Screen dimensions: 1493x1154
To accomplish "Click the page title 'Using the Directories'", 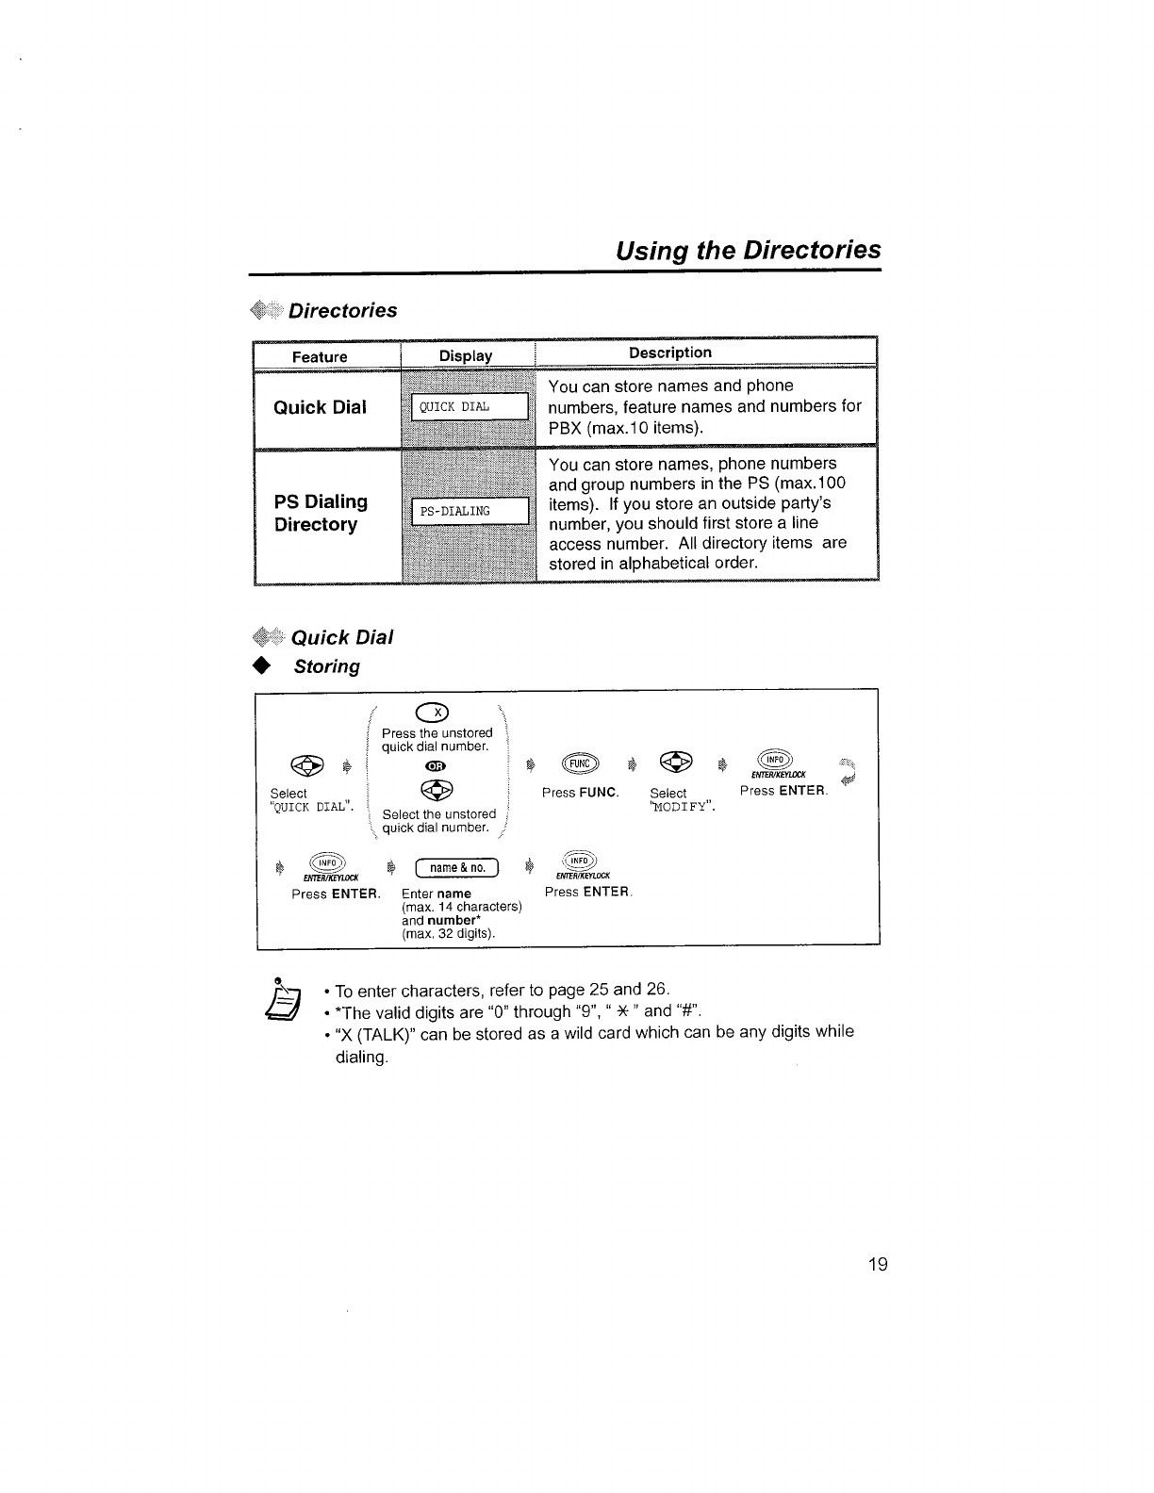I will pyautogui.click(x=748, y=250).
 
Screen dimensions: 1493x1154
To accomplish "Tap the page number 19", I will pyautogui.click(x=877, y=1265).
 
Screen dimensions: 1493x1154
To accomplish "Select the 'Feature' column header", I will pyautogui.click(x=319, y=356).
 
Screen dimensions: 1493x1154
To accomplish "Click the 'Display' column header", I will pyautogui.click(x=466, y=355).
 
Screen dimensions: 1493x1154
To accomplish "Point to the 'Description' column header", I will pyautogui.click(x=669, y=353).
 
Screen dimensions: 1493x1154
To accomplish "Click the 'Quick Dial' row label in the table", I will pyautogui.click(x=320, y=407).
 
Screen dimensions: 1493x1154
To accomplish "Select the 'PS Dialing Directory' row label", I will pyautogui.click(x=321, y=513).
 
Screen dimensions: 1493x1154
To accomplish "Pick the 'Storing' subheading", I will pyautogui.click(x=326, y=666).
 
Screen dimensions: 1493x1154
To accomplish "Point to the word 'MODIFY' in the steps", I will pyautogui.click(x=683, y=807).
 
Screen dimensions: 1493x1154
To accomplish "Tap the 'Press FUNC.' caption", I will pyautogui.click(x=580, y=793).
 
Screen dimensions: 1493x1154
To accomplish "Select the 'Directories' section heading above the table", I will pyautogui.click(x=342, y=310).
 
